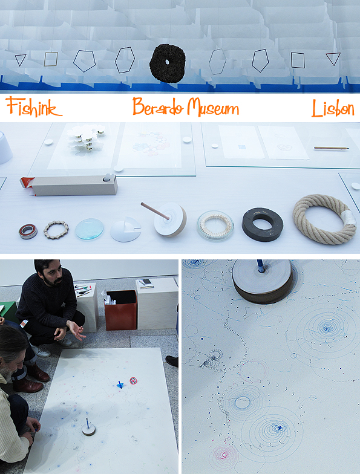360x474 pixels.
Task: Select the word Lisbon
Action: [333, 108]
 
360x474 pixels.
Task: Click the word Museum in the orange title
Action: [212, 108]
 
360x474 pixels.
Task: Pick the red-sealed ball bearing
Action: [28, 232]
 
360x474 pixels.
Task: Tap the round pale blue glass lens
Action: [90, 229]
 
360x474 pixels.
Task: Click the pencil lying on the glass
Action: [332, 148]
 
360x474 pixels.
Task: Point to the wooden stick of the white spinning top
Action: [155, 210]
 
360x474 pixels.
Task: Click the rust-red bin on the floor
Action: [121, 310]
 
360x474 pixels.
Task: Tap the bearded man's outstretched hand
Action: [76, 330]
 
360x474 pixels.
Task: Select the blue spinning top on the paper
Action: [120, 385]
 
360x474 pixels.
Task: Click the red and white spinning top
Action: [133, 381]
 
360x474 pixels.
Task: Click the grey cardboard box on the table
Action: [74, 185]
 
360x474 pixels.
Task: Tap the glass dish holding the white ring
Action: [215, 226]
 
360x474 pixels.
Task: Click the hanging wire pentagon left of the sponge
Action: [85, 61]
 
